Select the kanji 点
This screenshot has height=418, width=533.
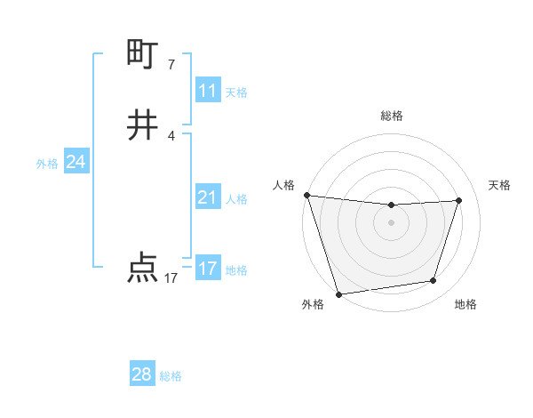coord(142,268)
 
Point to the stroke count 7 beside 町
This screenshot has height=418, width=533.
coord(171,64)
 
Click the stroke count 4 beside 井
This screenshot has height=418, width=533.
coord(171,135)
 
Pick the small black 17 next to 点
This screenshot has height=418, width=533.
coord(171,278)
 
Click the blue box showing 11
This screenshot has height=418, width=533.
coord(208,91)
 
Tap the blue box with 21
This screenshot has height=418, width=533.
coord(208,197)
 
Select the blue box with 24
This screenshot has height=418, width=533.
coord(76,163)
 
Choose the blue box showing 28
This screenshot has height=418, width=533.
coord(142,374)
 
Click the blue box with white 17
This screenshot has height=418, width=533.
coord(208,269)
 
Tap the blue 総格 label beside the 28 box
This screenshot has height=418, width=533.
coord(171,376)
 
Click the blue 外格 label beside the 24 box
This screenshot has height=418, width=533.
coord(47,164)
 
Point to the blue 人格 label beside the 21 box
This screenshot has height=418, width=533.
coord(237,199)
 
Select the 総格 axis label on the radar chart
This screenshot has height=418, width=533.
coord(392,116)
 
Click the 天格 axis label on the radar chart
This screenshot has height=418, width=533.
coord(500,185)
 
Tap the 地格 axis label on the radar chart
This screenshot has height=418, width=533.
coord(465,304)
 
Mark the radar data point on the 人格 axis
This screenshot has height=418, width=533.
coord(306,195)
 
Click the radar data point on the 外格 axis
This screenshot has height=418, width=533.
coord(338,293)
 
